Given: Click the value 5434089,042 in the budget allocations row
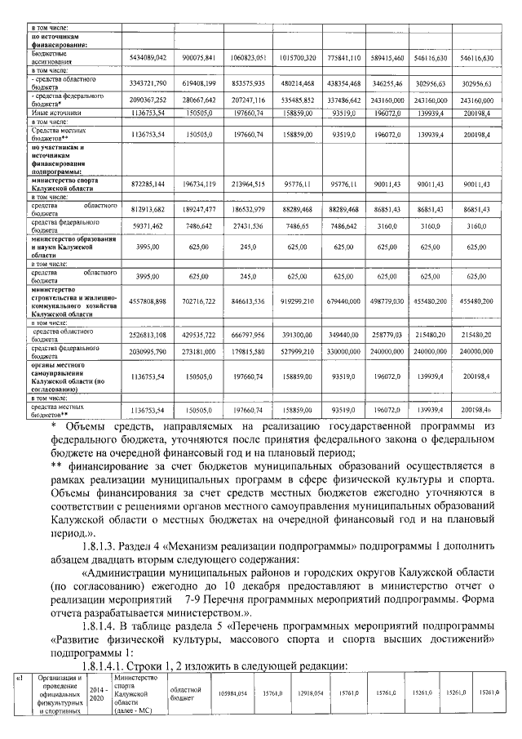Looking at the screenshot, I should pyautogui.click(x=148, y=59).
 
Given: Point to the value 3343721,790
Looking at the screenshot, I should pyautogui.click(x=148, y=83).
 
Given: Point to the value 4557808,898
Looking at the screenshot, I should pyautogui.click(x=148, y=301).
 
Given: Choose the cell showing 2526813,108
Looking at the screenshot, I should pyautogui.click(x=148, y=335).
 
